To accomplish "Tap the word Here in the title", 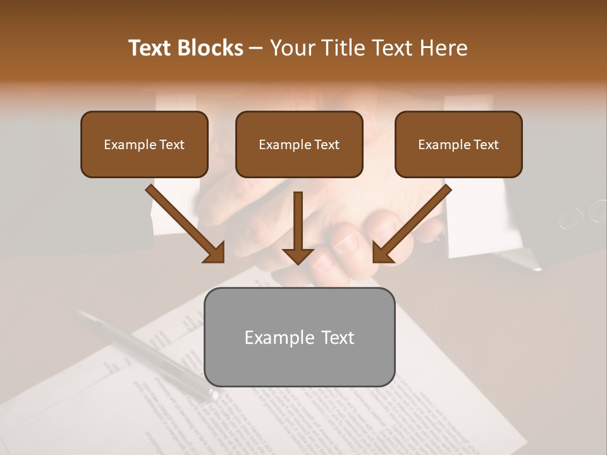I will tap(443, 48).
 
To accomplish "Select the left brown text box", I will tap(144, 145).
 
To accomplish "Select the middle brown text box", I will tap(299, 145).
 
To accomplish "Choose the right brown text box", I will tap(458, 145).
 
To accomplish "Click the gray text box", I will tap(299, 337).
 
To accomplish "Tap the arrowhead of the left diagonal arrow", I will tap(215, 253).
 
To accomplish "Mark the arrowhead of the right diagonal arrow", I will tap(383, 253).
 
